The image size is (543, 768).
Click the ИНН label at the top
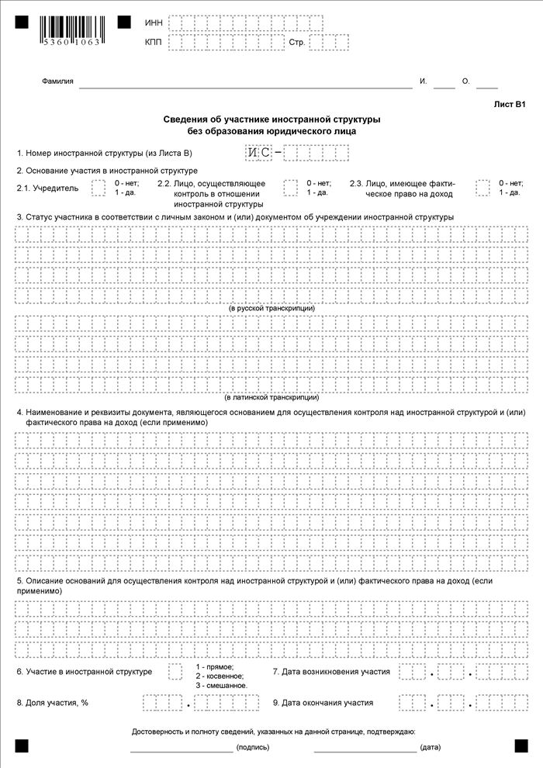click(x=153, y=23)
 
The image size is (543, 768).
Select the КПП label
click(x=153, y=43)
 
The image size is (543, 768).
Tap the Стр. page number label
click(x=296, y=43)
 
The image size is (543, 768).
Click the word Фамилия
click(x=57, y=81)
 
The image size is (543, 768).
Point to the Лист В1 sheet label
click(x=510, y=104)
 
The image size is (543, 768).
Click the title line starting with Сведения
click(x=271, y=119)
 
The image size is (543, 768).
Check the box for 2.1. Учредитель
click(x=99, y=188)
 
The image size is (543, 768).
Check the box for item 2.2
click(x=291, y=188)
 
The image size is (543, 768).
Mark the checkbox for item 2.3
click(x=483, y=188)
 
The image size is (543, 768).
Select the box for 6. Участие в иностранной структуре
click(x=175, y=671)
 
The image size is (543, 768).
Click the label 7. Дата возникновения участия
click(x=331, y=671)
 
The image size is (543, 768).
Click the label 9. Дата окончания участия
click(x=323, y=703)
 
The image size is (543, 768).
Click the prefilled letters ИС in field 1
click(x=259, y=153)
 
